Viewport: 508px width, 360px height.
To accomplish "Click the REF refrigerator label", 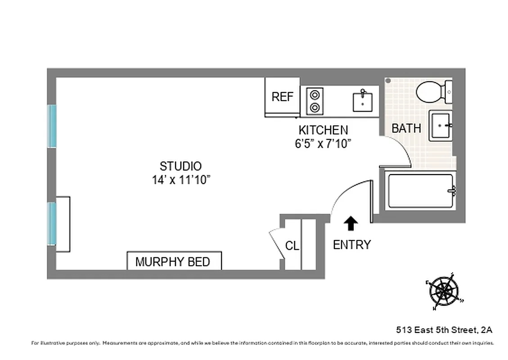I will [282, 97].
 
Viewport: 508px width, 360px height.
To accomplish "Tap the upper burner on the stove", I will [315, 95].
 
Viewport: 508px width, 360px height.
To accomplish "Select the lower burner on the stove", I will [315, 108].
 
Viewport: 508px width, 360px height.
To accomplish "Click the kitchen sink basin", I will [362, 101].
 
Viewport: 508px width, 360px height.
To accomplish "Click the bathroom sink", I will [441, 126].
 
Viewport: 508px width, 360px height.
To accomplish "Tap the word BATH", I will [406, 128].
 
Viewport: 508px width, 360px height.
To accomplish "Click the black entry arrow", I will [351, 223].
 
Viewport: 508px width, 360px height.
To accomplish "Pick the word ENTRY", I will [352, 245].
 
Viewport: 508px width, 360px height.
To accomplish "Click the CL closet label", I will [292, 246].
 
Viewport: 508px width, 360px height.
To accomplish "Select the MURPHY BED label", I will [173, 261].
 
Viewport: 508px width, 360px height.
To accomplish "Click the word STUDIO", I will [181, 166].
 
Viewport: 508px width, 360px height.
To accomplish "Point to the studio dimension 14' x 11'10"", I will [181, 180].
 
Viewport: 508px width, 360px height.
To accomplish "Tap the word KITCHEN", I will [323, 130].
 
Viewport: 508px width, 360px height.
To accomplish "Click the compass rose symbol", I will [444, 291].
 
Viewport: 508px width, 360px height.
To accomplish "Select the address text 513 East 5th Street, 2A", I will [444, 330].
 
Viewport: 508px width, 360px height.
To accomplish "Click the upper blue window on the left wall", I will [52, 126].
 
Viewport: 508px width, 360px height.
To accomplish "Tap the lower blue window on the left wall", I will [52, 224].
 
